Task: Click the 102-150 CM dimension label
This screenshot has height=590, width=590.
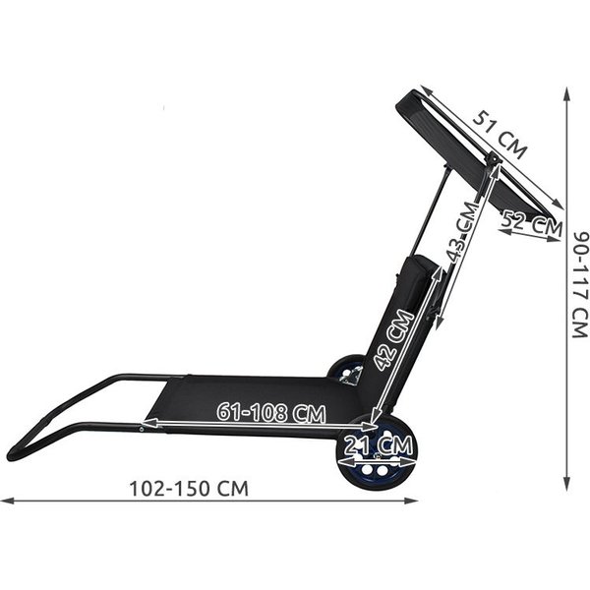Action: click(x=189, y=489)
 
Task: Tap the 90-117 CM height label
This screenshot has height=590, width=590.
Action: click(x=580, y=284)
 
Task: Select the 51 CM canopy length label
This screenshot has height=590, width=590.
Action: click(x=500, y=135)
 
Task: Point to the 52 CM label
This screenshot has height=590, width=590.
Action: click(x=532, y=224)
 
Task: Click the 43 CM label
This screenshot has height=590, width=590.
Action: click(x=462, y=231)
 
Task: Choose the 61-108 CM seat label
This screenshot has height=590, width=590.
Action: click(x=271, y=412)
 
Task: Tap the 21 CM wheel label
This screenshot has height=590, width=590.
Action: click(x=379, y=445)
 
